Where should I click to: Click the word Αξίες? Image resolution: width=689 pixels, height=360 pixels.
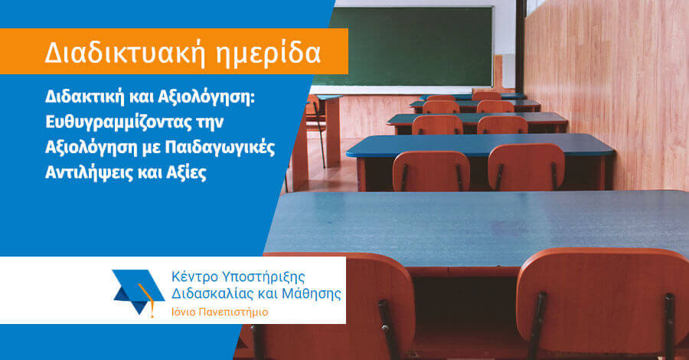[x=186, y=173]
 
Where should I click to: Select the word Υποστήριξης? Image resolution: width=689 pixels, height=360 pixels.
[x=263, y=277]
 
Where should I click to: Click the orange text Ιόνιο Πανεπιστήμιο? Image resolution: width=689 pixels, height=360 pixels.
[x=220, y=312]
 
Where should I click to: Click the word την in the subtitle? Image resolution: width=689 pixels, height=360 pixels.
[x=210, y=123]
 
